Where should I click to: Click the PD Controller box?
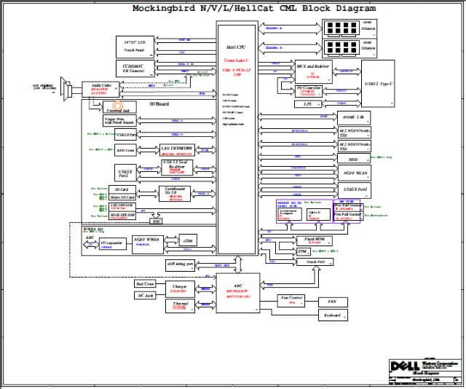point(310,90)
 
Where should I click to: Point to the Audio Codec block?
point(97,87)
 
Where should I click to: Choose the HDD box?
point(353,159)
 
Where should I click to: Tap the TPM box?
point(302,251)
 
